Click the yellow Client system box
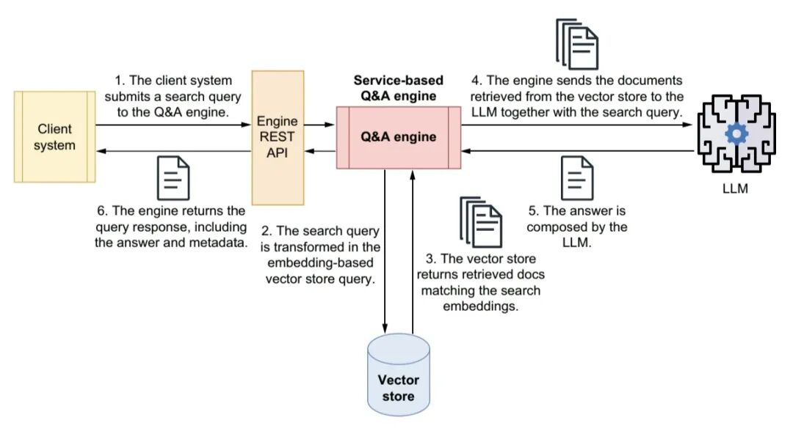point(54,136)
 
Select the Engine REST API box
point(278,137)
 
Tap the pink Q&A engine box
point(399,137)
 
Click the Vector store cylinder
point(399,375)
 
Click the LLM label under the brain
point(735,188)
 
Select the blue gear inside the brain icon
point(736,134)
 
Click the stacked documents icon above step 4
point(577,44)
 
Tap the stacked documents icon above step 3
point(481,222)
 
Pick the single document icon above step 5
point(578,178)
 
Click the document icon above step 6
point(173,178)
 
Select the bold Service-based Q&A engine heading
point(399,88)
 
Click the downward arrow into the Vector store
point(385,251)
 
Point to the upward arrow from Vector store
point(413,251)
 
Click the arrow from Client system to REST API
point(173,125)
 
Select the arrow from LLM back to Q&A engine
point(578,150)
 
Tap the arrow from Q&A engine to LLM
point(576,125)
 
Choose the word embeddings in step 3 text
point(480,306)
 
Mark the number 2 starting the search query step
point(267,231)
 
